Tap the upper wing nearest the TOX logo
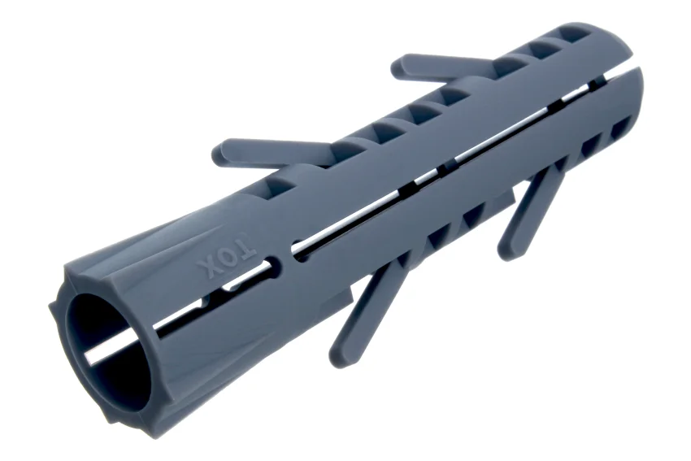pos(274,154)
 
